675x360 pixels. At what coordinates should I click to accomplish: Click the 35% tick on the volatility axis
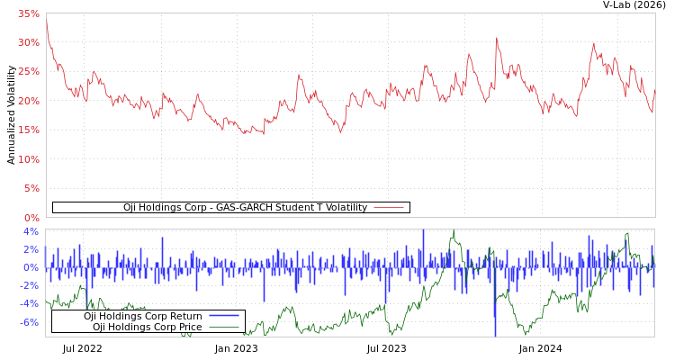28,13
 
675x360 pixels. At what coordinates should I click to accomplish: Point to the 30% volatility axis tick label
28,43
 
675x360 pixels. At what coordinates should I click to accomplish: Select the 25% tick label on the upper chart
28,72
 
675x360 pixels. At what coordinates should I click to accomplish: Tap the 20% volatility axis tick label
28,101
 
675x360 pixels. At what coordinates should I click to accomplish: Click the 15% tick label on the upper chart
28,130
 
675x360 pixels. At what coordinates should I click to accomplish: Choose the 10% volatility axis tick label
28,159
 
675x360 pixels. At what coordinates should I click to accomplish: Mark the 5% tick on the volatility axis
31,189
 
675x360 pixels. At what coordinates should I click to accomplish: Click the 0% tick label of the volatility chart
31,218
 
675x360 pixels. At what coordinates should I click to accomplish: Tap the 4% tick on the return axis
31,231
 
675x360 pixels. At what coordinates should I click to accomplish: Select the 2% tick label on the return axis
31,249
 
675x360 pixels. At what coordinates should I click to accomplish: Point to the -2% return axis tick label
29,285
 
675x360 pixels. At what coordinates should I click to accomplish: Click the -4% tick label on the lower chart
29,303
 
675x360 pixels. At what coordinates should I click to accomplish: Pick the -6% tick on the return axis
29,322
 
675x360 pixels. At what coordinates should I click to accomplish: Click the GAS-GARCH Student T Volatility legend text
245,208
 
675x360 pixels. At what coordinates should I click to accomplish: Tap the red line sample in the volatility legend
388,208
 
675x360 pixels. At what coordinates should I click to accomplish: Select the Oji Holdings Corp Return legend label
143,317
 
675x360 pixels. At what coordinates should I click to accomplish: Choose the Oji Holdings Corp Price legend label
147,328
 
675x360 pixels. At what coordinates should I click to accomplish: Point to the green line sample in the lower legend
224,328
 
